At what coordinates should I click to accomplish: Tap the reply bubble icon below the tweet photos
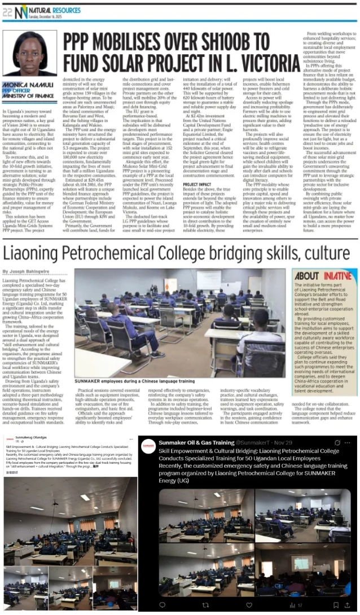(x=162, y=604)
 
